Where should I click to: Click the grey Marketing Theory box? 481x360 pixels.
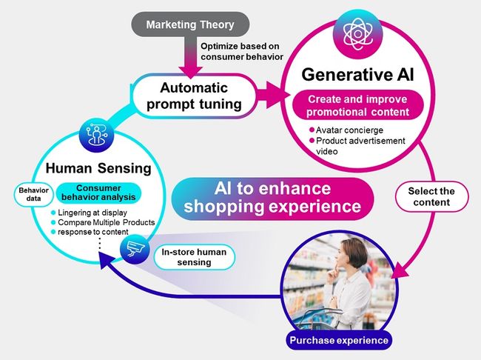click(190, 24)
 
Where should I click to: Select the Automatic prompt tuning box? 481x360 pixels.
click(194, 96)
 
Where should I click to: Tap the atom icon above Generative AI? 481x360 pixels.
click(357, 34)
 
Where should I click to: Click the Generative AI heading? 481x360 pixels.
click(357, 75)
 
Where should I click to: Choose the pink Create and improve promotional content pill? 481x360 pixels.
click(357, 105)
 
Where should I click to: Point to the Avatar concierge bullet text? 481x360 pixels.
click(349, 130)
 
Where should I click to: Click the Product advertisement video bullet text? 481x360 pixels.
click(360, 146)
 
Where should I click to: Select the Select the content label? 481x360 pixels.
click(431, 196)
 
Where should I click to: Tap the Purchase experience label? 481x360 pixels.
click(339, 340)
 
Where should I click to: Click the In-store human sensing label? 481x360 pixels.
click(194, 257)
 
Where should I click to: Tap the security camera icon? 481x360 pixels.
click(135, 249)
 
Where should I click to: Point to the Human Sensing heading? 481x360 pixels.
click(98, 168)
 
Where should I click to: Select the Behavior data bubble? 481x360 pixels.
click(33, 194)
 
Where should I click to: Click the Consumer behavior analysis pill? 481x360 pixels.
click(98, 193)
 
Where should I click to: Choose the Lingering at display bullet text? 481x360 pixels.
click(92, 213)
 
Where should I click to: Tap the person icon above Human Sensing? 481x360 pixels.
click(96, 135)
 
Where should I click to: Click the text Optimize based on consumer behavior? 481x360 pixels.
click(242, 52)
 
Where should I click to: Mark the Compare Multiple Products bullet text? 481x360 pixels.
click(107, 222)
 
